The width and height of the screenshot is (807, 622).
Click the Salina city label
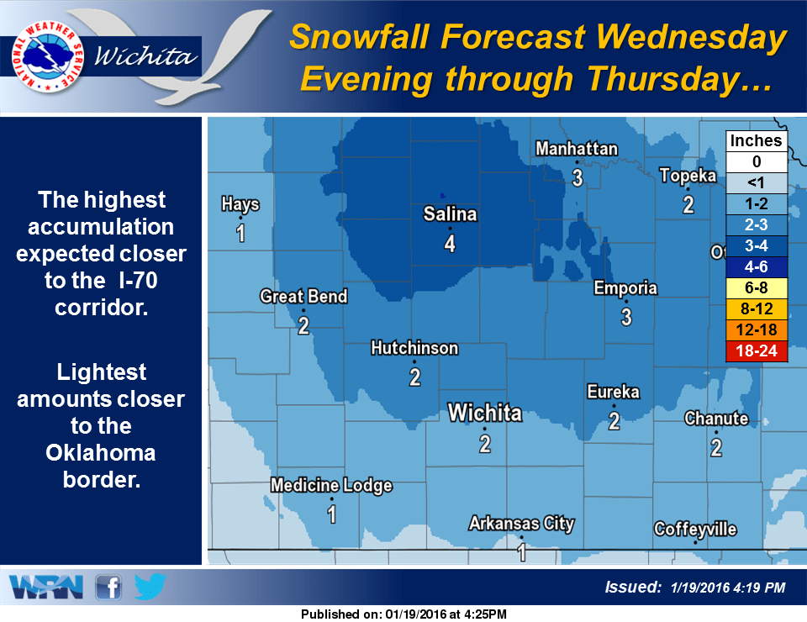[x=450, y=214]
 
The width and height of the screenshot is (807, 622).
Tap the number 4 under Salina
[x=450, y=244]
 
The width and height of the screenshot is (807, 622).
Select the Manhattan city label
[x=577, y=149]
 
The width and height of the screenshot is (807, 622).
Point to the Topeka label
[x=688, y=176]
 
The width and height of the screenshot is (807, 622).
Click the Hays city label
[x=240, y=204]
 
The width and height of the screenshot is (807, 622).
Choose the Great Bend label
[x=303, y=297]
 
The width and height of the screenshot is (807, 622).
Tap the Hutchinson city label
[x=414, y=348]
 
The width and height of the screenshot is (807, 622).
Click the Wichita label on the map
[x=485, y=413]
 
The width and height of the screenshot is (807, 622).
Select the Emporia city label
[x=625, y=288]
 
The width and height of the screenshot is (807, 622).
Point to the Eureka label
[x=614, y=392]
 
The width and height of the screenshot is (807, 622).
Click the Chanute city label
[x=716, y=418]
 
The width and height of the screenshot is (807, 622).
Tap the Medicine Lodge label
[x=331, y=486]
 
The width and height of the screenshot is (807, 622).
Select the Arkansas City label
[x=521, y=524]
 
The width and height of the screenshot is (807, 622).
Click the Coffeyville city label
[x=695, y=529]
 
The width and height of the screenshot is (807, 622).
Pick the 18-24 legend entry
[x=757, y=352]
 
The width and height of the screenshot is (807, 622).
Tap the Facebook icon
[x=108, y=588]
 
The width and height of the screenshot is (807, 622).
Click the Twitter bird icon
[x=150, y=587]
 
